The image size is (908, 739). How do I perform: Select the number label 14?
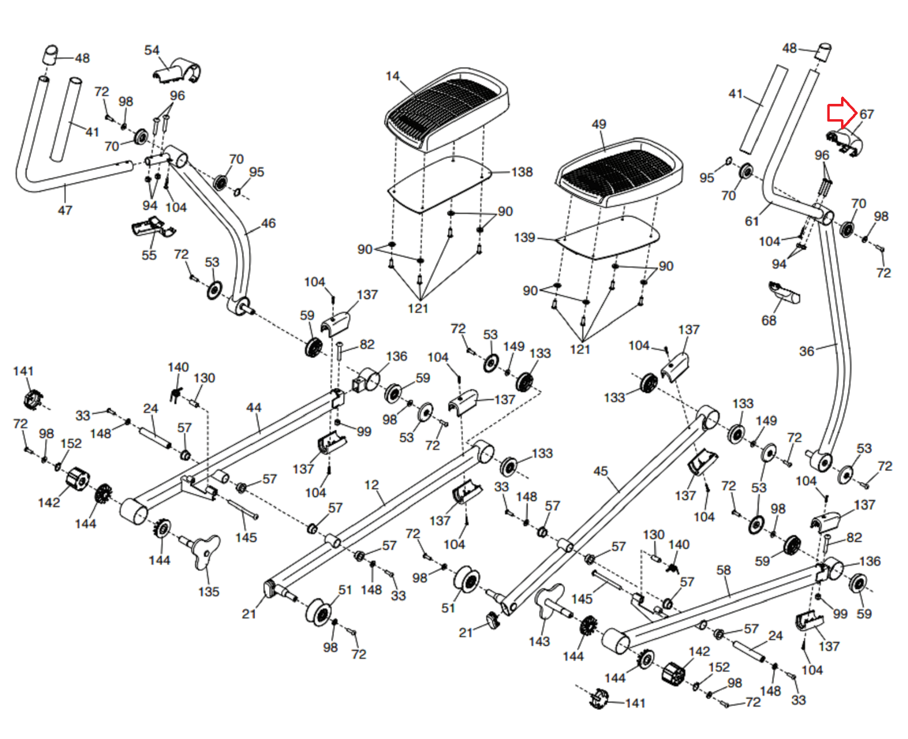pyautogui.click(x=393, y=76)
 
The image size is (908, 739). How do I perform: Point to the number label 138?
pyautogui.click(x=522, y=172)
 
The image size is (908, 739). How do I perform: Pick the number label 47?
pyautogui.click(x=65, y=211)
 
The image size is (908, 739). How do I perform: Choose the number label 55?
pyautogui.click(x=149, y=255)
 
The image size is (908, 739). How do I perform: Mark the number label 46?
pyautogui.click(x=268, y=224)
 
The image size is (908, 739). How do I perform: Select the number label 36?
pyautogui.click(x=806, y=351)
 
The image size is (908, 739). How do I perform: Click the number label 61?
pyautogui.click(x=752, y=221)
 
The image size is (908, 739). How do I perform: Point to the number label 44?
pyautogui.click(x=254, y=408)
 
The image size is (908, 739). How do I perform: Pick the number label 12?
pyautogui.click(x=371, y=485)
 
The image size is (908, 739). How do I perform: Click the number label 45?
pyautogui.click(x=600, y=471)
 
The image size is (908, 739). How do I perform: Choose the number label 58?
pyautogui.click(x=724, y=570)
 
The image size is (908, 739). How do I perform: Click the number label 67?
pyautogui.click(x=867, y=114)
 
